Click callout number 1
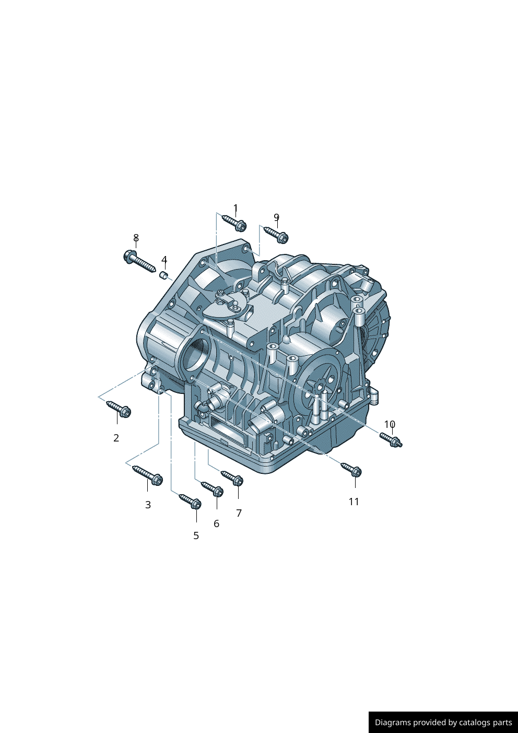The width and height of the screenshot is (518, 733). [x=236, y=208]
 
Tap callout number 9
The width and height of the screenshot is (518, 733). [x=276, y=217]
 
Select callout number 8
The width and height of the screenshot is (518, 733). [x=136, y=238]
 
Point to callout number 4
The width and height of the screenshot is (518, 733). [x=164, y=260]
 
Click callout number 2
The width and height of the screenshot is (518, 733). [x=116, y=438]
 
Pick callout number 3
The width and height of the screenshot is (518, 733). [x=148, y=505]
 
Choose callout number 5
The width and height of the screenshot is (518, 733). [x=196, y=536]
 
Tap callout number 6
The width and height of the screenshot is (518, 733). [x=217, y=523]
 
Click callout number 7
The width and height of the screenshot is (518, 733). [x=239, y=513]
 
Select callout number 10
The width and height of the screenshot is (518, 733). [x=390, y=424]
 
